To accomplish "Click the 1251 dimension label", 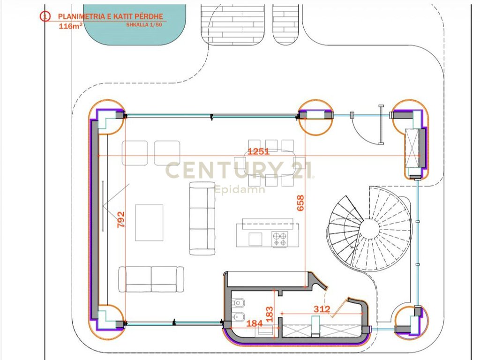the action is click(x=258, y=151).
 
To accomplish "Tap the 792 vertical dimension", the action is click(x=121, y=219).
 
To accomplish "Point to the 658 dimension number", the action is click(x=300, y=203).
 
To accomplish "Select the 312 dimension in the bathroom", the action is click(x=322, y=309).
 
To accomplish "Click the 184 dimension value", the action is click(x=255, y=323).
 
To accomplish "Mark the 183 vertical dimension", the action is click(x=270, y=314).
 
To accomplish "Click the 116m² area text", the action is click(x=70, y=26).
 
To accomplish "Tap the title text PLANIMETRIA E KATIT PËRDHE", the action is click(x=111, y=16).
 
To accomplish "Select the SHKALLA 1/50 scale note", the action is click(x=144, y=25).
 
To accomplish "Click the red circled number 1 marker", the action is click(x=45, y=16).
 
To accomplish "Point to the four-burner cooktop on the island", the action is click(x=280, y=239).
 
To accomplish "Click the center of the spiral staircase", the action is click(x=369, y=228).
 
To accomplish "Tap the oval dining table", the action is click(x=270, y=163).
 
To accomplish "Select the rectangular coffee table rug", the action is click(x=149, y=223).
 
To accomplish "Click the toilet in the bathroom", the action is click(x=238, y=303).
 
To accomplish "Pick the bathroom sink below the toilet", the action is click(x=238, y=316).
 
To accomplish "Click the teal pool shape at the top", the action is click(x=135, y=24).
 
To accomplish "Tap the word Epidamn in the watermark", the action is click(x=240, y=189).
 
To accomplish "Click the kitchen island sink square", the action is click(x=255, y=239).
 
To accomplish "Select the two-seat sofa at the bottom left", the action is click(x=151, y=279).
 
